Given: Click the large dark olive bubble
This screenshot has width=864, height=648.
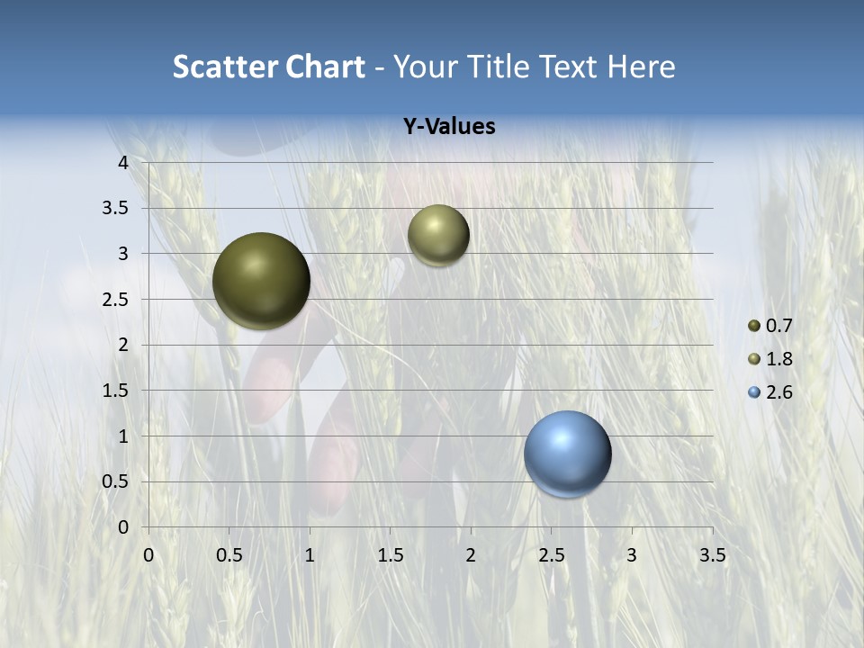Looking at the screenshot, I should (262, 281).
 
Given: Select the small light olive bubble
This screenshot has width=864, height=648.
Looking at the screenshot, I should (438, 235).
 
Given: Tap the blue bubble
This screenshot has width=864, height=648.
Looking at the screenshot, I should (568, 454).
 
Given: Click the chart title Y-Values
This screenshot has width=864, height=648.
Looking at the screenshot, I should (449, 127).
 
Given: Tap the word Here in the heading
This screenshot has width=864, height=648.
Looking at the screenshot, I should (641, 67).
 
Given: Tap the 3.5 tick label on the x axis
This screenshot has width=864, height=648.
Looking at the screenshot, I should (712, 555).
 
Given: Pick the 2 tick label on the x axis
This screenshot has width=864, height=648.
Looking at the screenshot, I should (471, 555).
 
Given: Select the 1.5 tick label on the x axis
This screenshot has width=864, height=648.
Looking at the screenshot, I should (390, 555).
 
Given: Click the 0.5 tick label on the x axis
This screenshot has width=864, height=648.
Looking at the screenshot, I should (229, 555).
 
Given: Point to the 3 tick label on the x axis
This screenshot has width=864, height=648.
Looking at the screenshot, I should (632, 555).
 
